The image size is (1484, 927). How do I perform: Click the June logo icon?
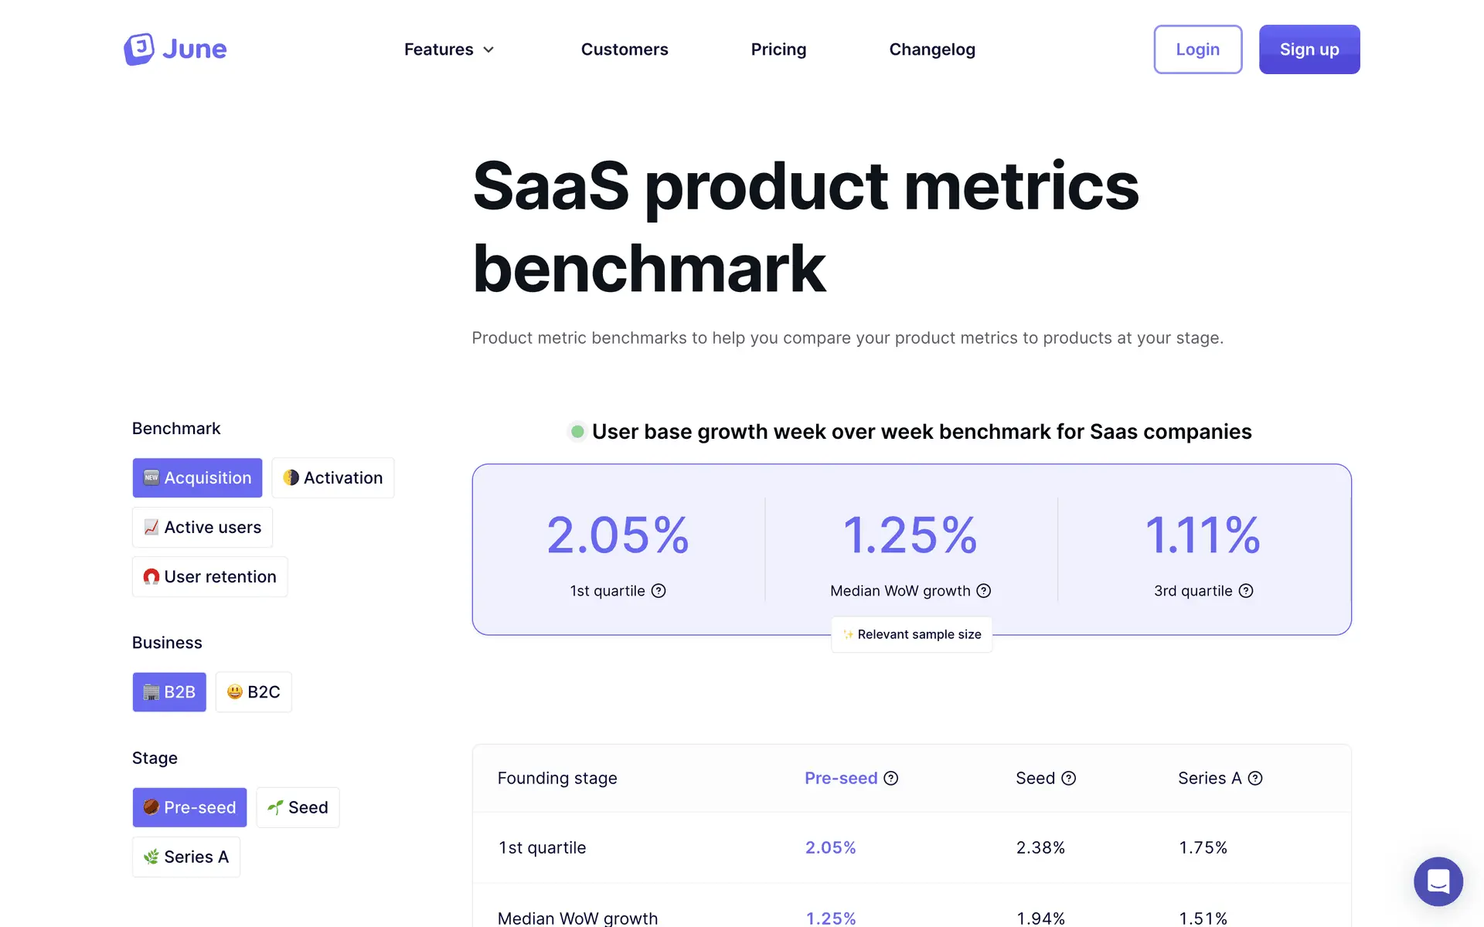click(139, 49)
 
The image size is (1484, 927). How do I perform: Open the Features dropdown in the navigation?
click(448, 49)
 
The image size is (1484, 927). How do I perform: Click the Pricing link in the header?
click(778, 49)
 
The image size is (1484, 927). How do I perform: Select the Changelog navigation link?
click(932, 49)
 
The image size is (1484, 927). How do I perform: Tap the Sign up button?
click(1309, 49)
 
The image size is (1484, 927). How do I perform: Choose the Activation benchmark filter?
click(333, 478)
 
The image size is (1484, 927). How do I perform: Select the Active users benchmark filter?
click(203, 528)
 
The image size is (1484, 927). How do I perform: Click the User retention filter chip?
click(210, 577)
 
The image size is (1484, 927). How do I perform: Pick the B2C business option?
click(254, 692)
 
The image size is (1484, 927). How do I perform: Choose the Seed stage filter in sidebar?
click(298, 808)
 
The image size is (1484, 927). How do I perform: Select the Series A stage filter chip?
click(186, 857)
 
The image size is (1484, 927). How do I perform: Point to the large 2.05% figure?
click(618, 535)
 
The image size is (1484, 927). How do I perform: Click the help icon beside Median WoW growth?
click(984, 591)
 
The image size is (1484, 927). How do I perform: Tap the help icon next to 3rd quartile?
click(1246, 591)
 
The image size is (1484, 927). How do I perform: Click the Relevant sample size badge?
click(912, 634)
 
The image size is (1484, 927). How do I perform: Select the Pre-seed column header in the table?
click(841, 778)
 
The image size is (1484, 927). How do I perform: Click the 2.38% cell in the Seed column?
click(1040, 847)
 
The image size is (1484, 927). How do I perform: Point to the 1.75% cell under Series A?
click(1203, 847)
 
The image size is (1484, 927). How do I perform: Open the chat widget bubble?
click(1438, 881)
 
